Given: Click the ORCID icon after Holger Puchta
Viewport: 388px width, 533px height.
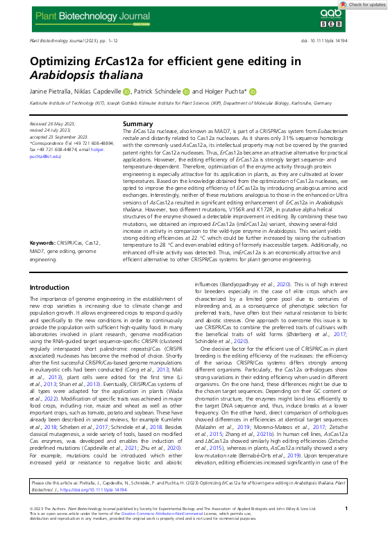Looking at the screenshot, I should [253, 91].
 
